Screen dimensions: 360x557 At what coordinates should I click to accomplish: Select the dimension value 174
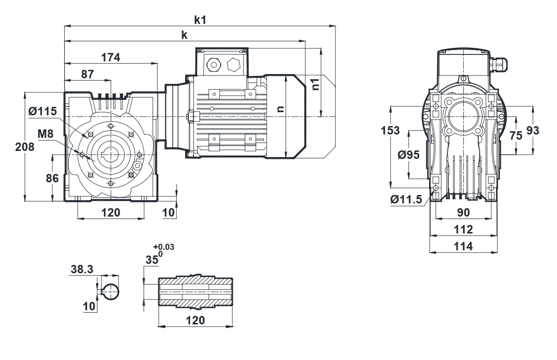click(111, 57)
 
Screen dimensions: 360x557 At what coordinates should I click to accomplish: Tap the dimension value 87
click(88, 74)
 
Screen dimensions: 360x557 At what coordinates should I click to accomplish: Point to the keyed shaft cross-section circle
click(111, 292)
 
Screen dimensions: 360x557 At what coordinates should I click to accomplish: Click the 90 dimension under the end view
click(463, 212)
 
